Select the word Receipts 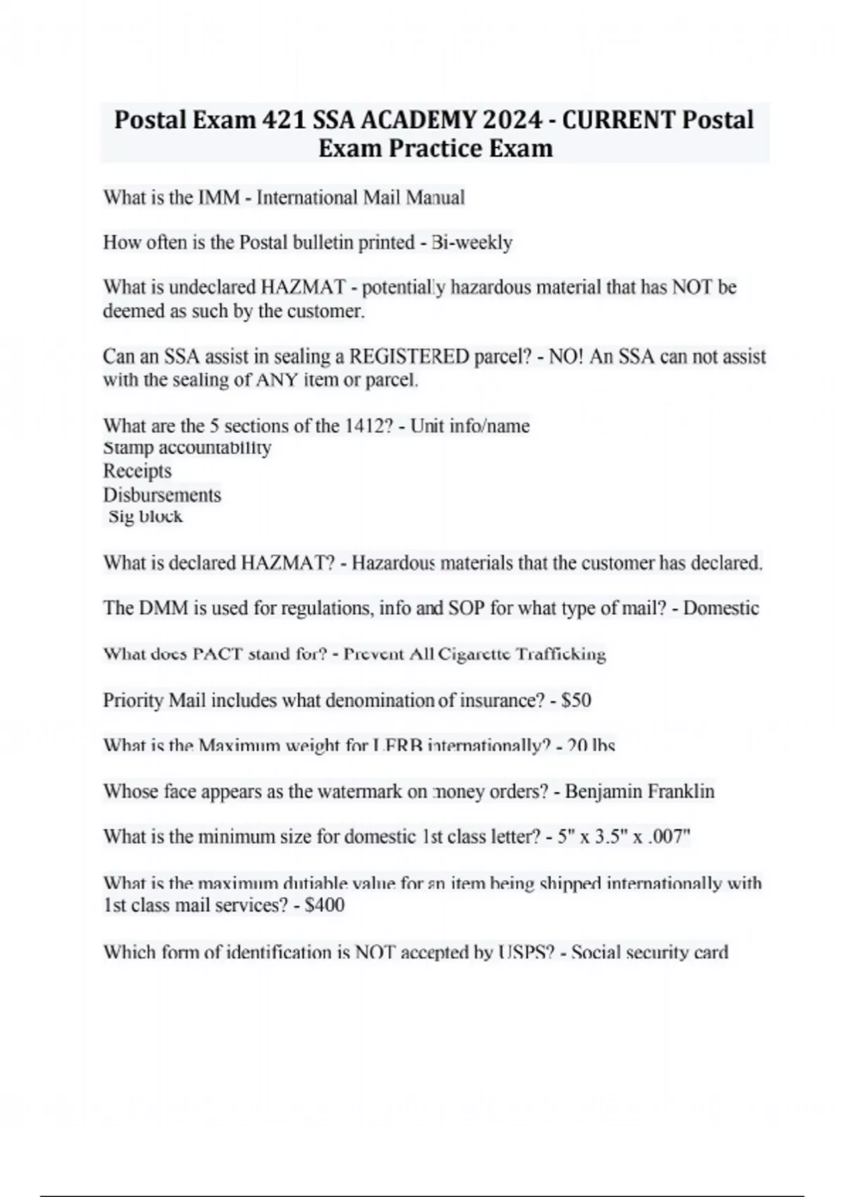click(x=137, y=470)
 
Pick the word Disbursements click(x=162, y=494)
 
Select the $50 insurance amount click(x=576, y=700)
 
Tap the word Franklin click(x=681, y=791)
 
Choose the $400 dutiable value click(x=325, y=905)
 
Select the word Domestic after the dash click(x=721, y=608)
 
